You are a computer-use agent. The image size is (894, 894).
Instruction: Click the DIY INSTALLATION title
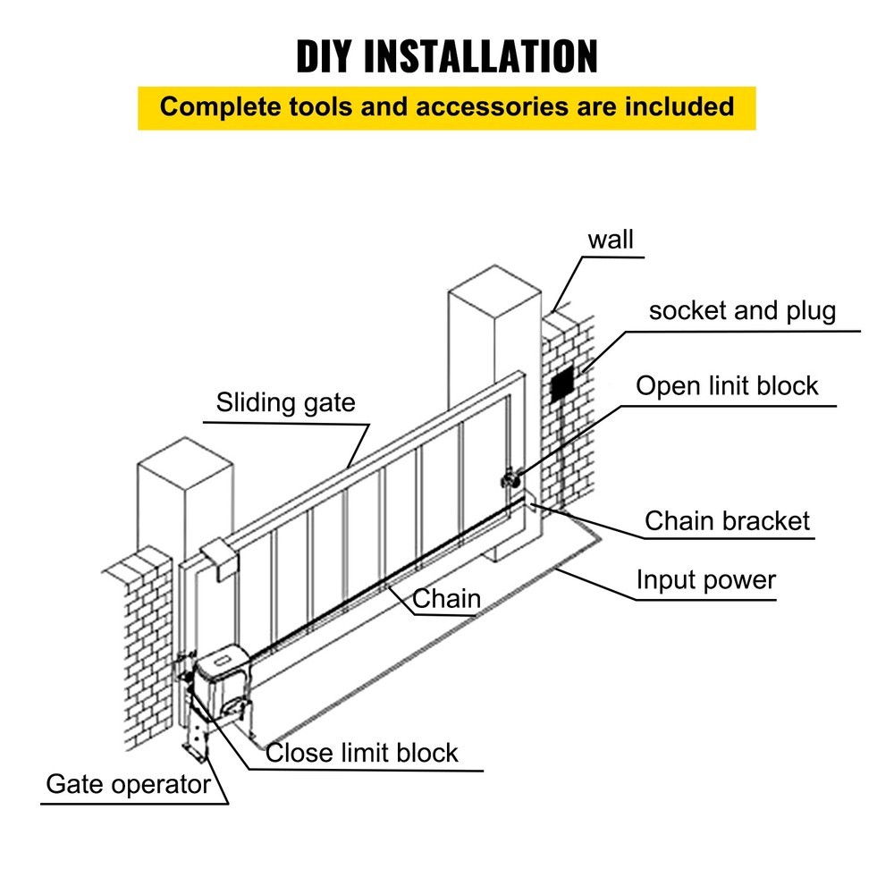[x=447, y=56]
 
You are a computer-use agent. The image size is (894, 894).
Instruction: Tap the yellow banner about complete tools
[x=447, y=107]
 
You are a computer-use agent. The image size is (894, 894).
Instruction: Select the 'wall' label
[x=611, y=240]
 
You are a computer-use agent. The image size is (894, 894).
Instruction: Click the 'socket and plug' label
[x=742, y=311]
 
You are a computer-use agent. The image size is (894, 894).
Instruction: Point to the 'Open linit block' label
[x=727, y=386]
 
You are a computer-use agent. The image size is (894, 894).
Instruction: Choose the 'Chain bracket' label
[x=727, y=521]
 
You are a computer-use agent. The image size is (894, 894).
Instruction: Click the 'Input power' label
[x=705, y=580]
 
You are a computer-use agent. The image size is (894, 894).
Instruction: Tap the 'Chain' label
[x=446, y=598]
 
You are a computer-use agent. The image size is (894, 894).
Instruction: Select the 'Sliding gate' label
[x=285, y=402]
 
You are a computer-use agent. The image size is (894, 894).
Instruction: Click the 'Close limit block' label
[x=362, y=753]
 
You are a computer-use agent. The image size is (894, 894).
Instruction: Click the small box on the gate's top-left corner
[x=217, y=556]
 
